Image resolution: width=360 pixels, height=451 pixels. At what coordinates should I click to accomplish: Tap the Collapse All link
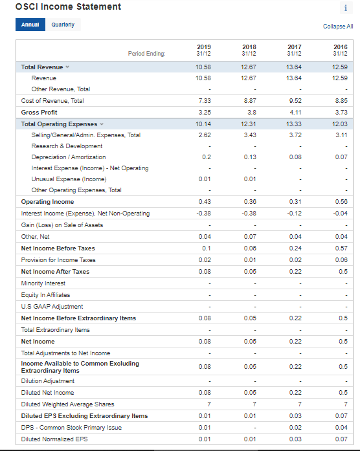[338, 27]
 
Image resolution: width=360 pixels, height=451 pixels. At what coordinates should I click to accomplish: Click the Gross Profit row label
[39, 112]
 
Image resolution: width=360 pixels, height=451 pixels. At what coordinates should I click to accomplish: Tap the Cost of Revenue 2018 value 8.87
[249, 101]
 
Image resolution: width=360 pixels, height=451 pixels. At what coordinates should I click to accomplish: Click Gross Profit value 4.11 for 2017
[295, 112]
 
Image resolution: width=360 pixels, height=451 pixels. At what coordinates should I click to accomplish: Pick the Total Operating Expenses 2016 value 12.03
[340, 124]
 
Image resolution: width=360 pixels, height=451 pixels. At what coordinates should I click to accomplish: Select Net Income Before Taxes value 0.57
[340, 248]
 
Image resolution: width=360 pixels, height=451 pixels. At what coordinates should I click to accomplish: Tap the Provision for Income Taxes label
[58, 259]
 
